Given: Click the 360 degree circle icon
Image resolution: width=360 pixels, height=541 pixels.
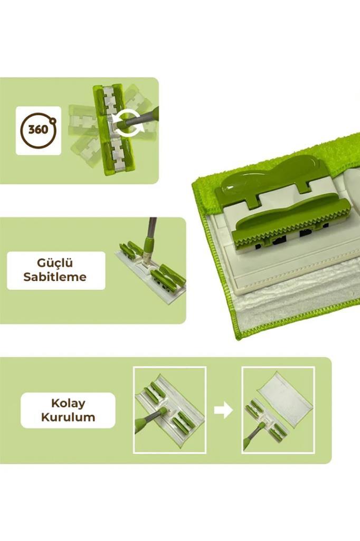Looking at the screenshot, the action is pyautogui.click(x=39, y=130).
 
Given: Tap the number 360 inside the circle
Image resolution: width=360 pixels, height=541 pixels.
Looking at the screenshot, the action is pyautogui.click(x=38, y=130).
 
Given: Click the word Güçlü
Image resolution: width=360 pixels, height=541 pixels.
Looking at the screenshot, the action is pyautogui.click(x=55, y=263).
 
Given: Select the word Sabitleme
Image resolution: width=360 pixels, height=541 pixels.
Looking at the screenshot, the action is pyautogui.click(x=55, y=277).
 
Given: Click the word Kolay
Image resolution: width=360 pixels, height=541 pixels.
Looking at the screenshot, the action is pyautogui.click(x=68, y=403).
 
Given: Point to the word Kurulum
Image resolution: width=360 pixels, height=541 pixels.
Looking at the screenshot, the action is pyautogui.click(x=68, y=417).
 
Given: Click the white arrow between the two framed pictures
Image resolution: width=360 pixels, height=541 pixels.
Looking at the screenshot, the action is pyautogui.click(x=223, y=410).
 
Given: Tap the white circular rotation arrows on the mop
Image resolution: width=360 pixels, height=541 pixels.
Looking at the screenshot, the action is pyautogui.click(x=128, y=123).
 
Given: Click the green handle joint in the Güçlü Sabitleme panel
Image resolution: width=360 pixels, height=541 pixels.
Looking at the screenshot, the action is pyautogui.click(x=147, y=247).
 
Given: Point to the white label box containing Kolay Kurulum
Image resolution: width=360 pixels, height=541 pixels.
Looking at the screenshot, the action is pyautogui.click(x=68, y=410).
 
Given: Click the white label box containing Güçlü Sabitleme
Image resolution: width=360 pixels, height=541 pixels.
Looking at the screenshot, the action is pyautogui.click(x=56, y=270).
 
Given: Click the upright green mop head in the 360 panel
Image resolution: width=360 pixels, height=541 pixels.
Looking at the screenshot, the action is pyautogui.click(x=113, y=128).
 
